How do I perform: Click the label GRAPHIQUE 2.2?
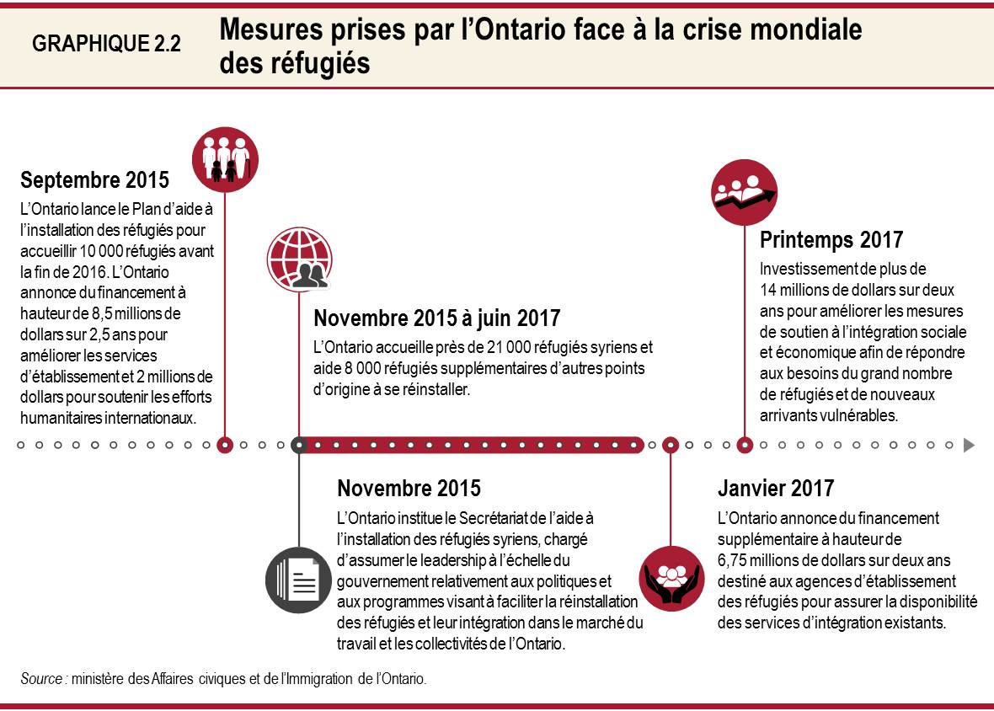tap(106, 45)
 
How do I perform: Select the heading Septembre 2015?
tap(94, 179)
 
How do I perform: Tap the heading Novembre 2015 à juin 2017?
tap(436, 318)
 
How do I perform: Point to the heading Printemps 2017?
tap(831, 240)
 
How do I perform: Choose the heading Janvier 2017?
tap(775, 488)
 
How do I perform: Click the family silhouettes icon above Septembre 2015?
tap(231, 155)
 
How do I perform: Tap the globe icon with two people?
tap(298, 258)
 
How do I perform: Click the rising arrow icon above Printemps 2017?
tap(744, 192)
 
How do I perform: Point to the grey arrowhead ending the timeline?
tap(969, 445)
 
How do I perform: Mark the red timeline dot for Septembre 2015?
tap(225, 445)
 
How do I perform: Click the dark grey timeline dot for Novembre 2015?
tap(298, 445)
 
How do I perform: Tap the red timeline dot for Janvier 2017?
tap(671, 445)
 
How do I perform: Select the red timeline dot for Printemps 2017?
tap(745, 445)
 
